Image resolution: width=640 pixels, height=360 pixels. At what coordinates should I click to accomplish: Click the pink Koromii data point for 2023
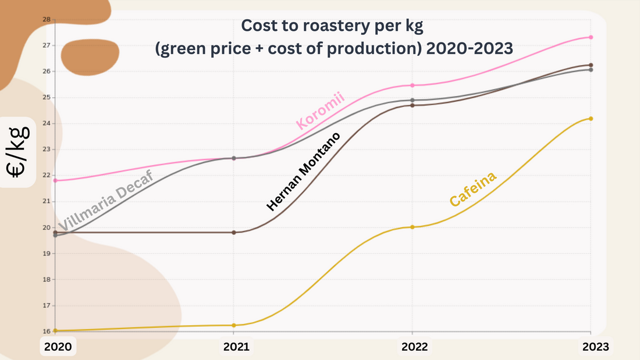591,37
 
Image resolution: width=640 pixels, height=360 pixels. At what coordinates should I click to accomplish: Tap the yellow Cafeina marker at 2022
413,227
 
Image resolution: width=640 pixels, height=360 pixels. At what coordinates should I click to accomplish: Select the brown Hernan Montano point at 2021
234,233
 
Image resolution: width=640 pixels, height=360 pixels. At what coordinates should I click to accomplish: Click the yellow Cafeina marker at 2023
591,119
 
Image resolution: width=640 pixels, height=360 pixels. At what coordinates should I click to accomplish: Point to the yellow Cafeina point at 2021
234,325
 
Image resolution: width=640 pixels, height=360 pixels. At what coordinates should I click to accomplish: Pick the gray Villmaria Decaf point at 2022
413,100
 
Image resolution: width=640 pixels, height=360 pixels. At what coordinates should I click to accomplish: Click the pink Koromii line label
321,111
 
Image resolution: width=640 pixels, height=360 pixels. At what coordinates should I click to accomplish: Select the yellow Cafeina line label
474,188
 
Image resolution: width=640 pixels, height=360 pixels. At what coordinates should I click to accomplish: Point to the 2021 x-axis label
236,347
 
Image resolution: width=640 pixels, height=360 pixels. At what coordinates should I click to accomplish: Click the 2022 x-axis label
414,347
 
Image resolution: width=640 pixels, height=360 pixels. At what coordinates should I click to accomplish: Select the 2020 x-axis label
58,347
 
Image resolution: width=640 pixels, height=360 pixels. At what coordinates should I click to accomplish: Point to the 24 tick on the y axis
47,123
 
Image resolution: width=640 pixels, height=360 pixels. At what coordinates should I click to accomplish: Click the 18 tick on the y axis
47,279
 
